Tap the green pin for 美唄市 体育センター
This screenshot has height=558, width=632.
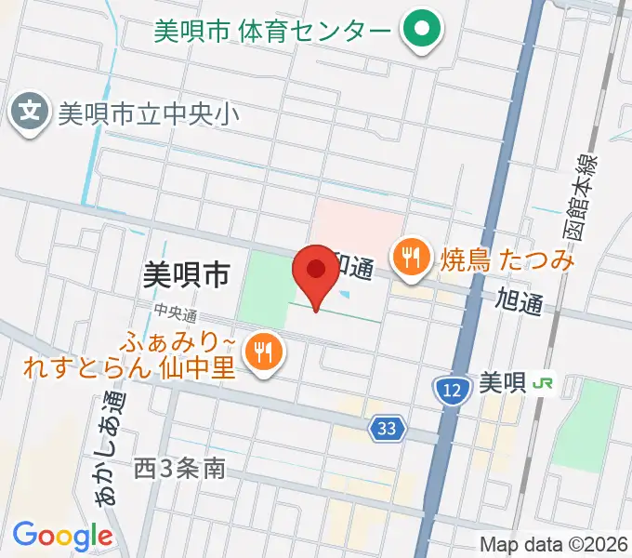click(421, 30)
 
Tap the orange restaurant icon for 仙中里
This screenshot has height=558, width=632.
click(264, 352)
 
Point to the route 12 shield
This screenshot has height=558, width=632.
click(451, 392)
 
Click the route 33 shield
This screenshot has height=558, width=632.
click(387, 429)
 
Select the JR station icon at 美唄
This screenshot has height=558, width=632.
click(545, 382)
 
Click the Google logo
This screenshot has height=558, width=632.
click(62, 536)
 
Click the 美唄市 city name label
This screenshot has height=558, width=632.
click(186, 274)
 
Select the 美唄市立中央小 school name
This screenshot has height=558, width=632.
click(149, 114)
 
